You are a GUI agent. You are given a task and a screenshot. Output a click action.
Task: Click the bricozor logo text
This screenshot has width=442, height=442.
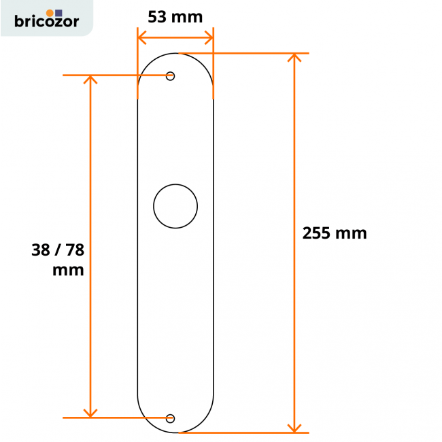tap(46, 22)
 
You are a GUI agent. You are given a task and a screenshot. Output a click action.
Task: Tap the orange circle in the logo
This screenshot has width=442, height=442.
tap(50, 12)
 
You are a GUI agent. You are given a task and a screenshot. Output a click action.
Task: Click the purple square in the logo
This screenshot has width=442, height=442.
tap(58, 12)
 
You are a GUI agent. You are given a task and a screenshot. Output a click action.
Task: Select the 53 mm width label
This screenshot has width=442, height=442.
tap(175, 17)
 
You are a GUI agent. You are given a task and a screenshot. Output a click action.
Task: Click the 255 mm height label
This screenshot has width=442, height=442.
tap(335, 233)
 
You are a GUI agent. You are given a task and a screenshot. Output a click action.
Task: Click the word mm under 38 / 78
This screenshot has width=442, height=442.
tap(68, 270)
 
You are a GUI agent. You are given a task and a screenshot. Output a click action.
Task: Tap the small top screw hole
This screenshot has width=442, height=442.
tap(170, 76)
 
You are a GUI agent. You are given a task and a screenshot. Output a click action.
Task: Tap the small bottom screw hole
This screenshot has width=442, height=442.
tap(170, 418)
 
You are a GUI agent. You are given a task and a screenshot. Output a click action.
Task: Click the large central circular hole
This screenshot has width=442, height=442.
tap(175, 205)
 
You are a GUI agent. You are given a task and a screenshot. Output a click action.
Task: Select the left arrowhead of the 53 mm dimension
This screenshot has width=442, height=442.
tap(141, 37)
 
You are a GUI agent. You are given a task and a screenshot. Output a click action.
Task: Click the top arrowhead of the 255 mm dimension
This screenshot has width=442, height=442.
tap(294, 57)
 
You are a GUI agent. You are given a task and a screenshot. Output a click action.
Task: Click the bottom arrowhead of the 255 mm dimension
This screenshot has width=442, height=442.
tap(294, 428)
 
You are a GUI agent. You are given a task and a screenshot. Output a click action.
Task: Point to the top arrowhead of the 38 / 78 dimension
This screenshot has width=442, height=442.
tap(90, 79)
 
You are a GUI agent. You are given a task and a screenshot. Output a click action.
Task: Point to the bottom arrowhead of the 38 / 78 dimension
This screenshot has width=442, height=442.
tap(90, 413)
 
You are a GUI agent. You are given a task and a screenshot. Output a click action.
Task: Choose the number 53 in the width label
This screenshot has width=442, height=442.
tap(158, 17)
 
